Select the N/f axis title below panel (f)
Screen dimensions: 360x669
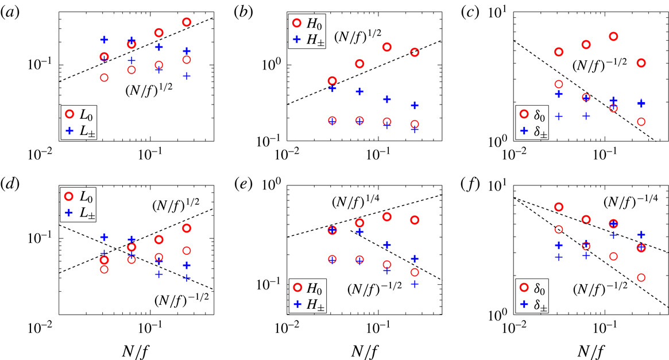click(583, 350)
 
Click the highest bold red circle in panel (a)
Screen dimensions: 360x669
click(186, 22)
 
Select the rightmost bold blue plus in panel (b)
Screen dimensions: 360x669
click(414, 105)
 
